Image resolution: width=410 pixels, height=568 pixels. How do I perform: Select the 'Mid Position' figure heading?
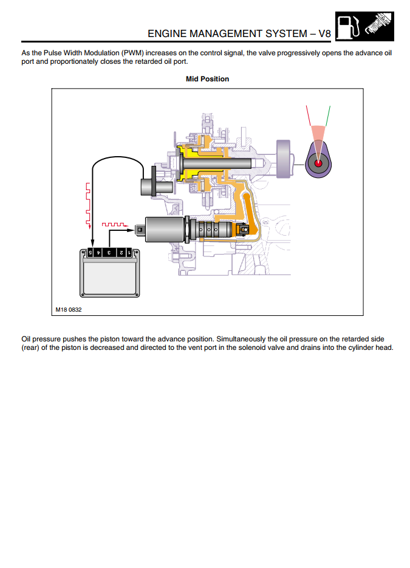[x=207, y=79]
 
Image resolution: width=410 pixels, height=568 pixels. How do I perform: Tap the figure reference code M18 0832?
[x=69, y=309]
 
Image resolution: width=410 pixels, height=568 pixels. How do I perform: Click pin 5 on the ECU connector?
[x=90, y=252]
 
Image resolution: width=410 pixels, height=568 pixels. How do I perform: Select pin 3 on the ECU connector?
[x=109, y=252]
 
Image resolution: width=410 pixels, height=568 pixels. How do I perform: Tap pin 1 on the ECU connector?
[x=128, y=252]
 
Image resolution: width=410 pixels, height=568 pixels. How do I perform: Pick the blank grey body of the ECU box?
[x=110, y=280]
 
